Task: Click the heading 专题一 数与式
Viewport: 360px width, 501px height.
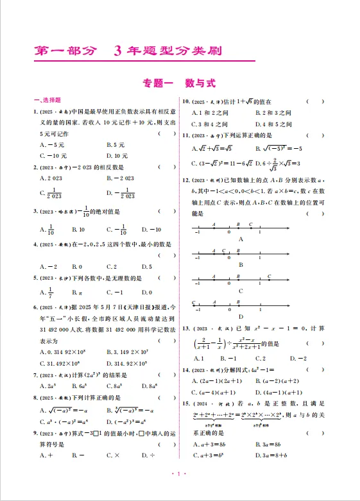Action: point(179,83)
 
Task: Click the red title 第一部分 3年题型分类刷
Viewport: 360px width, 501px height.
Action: point(128,51)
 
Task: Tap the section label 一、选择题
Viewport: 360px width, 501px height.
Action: point(47,101)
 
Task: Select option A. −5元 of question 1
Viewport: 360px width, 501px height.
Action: point(52,145)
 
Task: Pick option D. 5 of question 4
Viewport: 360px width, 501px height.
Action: point(145,266)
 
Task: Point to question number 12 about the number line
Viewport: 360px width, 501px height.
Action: point(185,181)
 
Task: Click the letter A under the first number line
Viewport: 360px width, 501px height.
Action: point(241,237)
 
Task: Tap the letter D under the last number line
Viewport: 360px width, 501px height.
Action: point(241,316)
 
